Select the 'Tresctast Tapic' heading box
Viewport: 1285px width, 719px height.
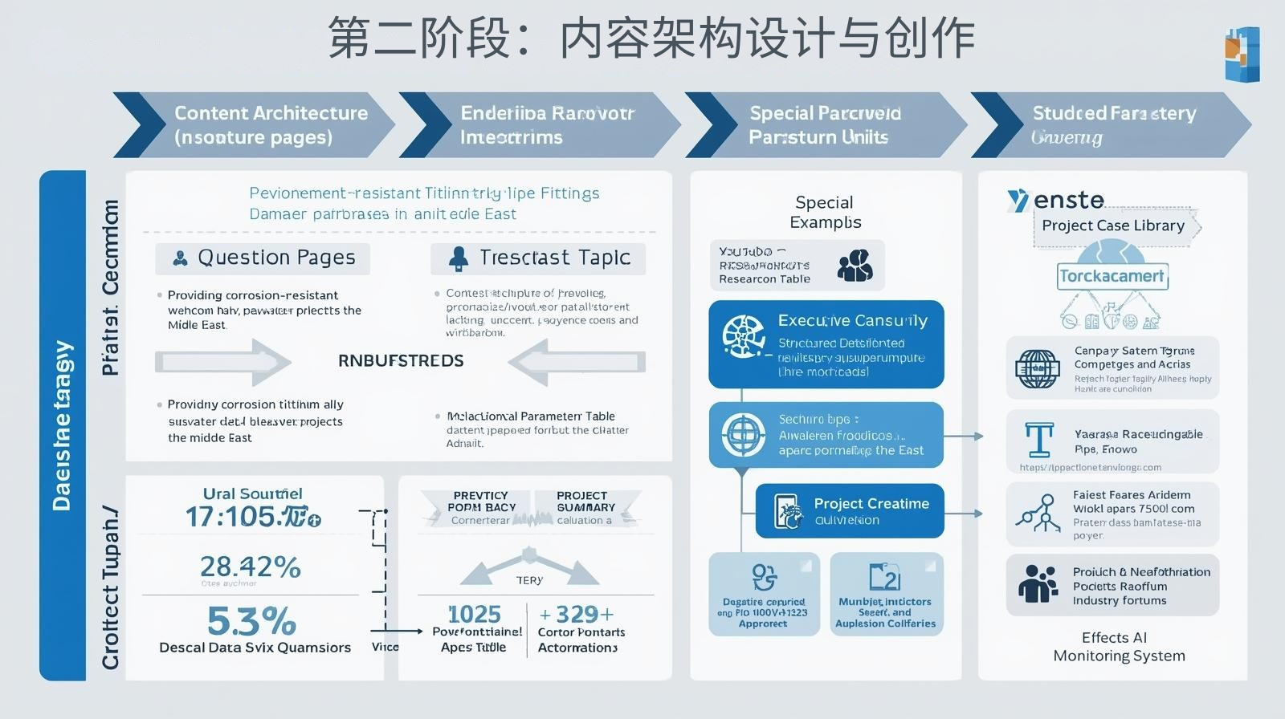538,258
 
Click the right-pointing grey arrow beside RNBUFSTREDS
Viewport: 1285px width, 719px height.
222,361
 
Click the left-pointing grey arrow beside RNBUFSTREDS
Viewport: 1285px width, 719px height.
577,361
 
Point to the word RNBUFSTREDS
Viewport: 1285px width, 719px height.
401,361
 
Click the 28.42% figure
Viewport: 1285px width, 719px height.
250,567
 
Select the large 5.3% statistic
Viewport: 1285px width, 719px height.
251,621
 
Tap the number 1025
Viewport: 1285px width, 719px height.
474,615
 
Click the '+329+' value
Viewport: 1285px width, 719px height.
577,615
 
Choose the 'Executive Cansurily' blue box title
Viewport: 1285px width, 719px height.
852,321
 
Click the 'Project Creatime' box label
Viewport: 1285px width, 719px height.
871,504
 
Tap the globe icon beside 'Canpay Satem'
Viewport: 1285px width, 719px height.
1037,369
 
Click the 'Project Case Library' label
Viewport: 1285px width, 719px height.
1113,225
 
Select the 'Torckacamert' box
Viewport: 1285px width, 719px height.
1112,276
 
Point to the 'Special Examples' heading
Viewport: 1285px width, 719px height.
825,212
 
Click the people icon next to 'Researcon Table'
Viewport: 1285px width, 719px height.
855,265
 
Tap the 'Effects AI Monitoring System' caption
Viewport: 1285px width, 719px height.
1118,647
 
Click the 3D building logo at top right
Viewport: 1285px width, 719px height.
1242,53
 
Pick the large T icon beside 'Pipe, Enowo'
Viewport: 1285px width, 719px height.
1039,441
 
